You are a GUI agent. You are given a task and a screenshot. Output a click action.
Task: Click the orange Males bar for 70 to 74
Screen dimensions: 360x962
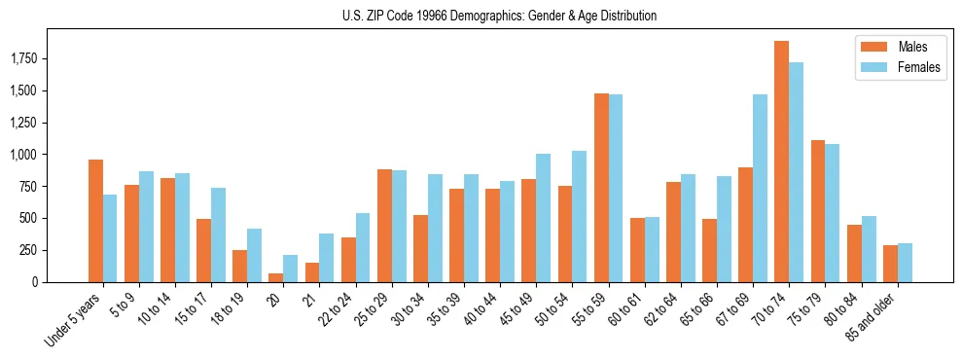781,162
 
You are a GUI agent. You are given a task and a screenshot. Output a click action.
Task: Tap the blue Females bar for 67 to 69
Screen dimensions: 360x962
760,188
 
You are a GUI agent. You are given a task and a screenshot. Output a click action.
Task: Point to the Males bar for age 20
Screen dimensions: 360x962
276,277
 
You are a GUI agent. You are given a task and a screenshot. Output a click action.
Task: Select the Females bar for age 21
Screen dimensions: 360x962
327,258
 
